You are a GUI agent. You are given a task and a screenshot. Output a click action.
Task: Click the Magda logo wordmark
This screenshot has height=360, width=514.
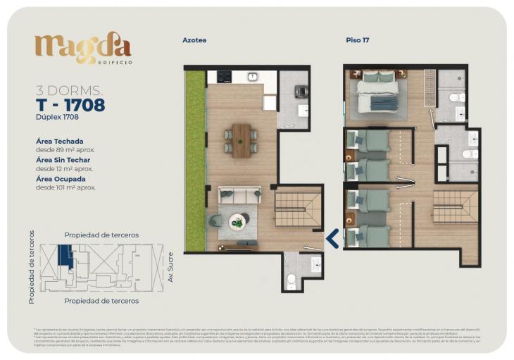pos(82,48)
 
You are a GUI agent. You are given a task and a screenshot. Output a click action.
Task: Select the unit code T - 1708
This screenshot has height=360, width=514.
pos(70,105)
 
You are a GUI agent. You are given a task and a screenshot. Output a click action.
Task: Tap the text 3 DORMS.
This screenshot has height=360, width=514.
pos(69,90)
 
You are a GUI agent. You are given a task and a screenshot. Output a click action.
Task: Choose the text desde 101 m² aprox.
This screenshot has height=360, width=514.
pos(65,187)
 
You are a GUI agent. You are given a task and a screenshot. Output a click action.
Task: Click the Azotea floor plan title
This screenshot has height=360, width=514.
pos(194,40)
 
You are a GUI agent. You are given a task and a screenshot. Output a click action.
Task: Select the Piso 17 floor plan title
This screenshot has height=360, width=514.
pos(357,40)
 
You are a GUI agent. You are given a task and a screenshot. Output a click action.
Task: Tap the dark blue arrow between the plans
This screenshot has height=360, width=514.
pos(332,238)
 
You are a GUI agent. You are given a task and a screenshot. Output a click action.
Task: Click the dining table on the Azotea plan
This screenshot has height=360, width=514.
pos(242,139)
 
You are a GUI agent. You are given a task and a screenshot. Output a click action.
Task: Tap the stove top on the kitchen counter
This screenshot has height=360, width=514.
pos(225,76)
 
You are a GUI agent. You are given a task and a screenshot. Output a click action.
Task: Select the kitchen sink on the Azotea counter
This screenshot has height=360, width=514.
pos(251,76)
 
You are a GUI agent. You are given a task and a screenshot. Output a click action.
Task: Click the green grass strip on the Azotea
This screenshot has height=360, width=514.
pos(194,161)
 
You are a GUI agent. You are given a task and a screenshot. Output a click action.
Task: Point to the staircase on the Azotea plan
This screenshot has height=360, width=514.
pos(297,209)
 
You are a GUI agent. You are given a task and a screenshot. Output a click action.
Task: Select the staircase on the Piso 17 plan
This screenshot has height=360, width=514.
pos(455,206)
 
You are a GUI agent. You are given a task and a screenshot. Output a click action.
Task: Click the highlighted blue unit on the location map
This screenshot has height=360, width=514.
pos(65,254)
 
